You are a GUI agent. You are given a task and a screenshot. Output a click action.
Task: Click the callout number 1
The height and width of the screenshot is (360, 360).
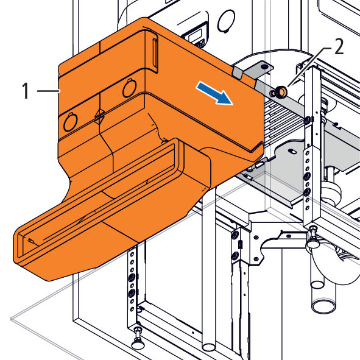26,91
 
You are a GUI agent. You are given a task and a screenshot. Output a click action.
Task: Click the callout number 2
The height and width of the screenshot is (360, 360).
339,46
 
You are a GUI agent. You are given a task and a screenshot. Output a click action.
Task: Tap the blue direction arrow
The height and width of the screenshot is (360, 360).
214,93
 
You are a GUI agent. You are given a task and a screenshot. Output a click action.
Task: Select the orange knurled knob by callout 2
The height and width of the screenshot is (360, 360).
280,92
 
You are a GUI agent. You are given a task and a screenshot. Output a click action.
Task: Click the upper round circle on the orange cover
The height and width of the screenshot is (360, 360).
130,88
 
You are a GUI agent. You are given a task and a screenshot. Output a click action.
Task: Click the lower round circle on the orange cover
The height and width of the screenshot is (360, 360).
70,122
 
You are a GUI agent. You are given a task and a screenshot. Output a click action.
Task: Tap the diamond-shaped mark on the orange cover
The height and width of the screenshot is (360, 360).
100,116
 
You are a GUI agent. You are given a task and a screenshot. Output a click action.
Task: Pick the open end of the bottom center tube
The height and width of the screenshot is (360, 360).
209,347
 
